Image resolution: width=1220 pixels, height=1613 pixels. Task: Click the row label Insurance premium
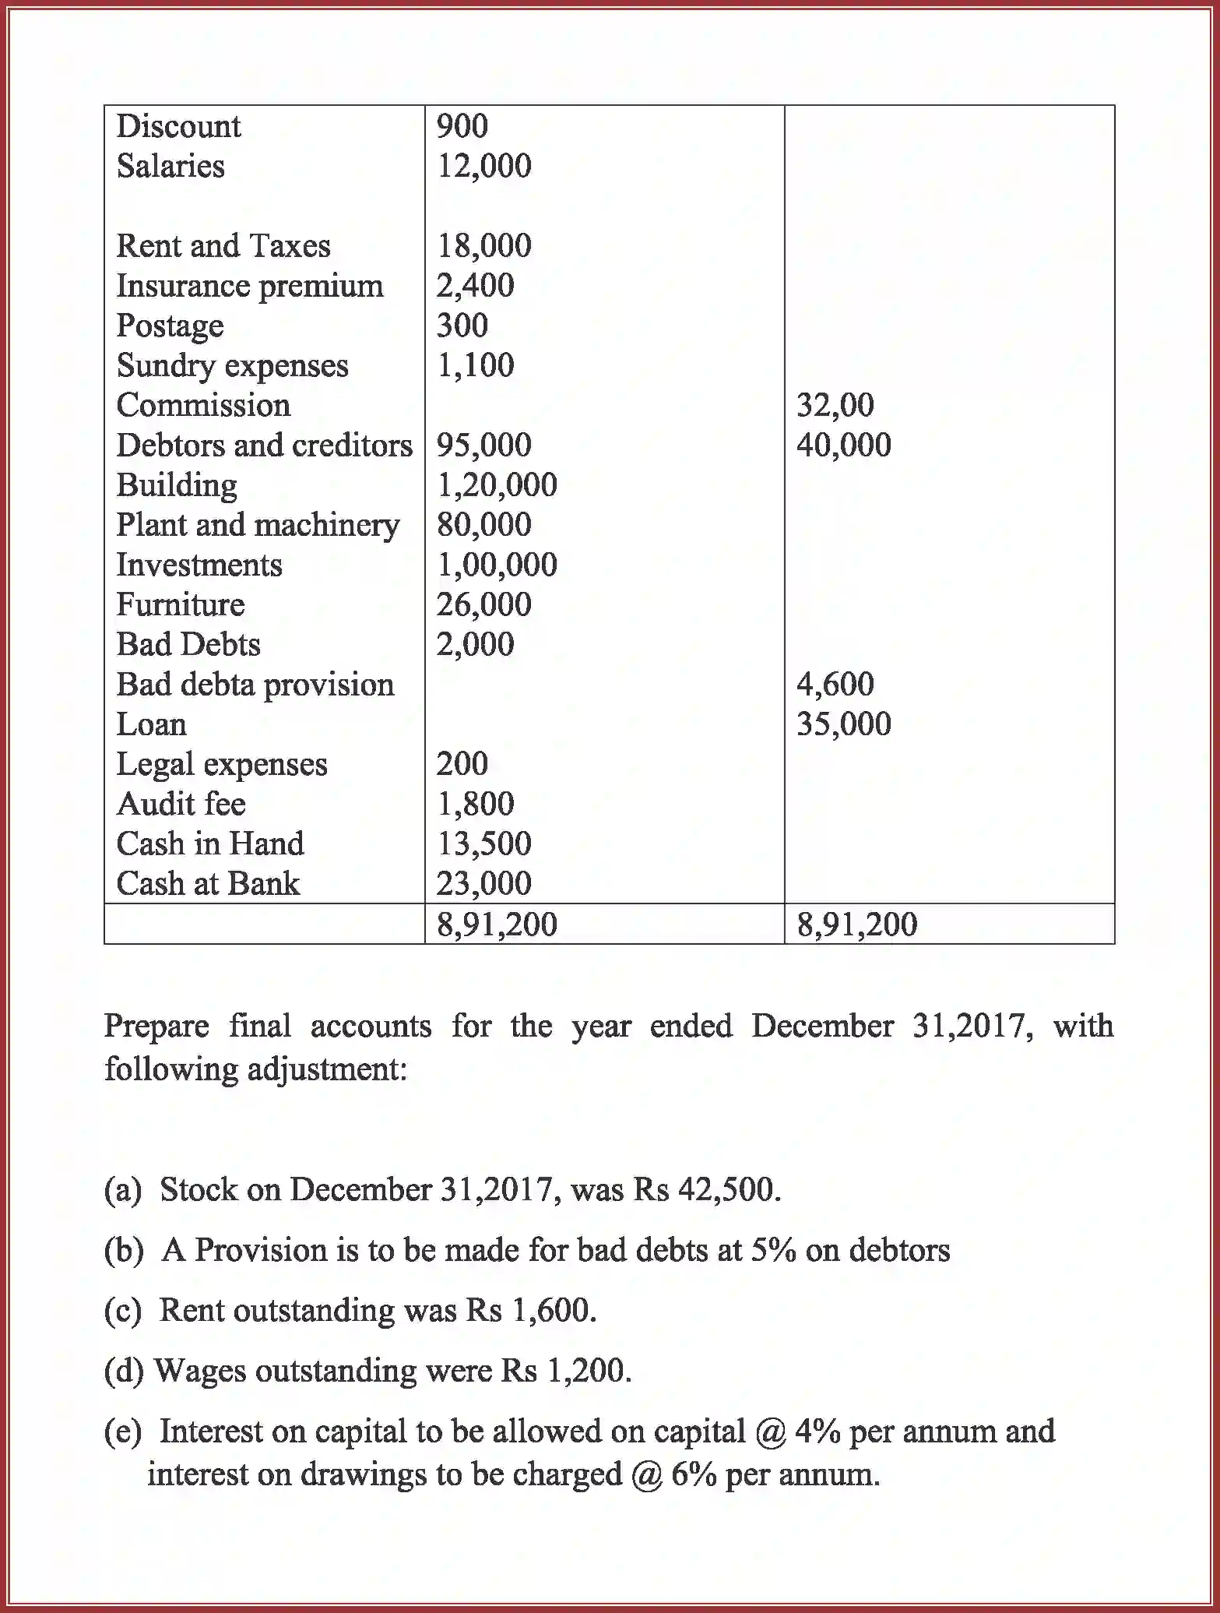[249, 286]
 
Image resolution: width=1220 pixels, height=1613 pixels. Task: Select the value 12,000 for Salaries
[483, 166]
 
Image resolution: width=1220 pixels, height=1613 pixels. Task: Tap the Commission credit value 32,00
[835, 405]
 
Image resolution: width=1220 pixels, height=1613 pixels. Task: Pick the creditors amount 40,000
[843, 445]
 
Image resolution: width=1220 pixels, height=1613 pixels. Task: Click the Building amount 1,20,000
[497, 485]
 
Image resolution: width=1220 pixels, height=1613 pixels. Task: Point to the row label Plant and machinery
[258, 525]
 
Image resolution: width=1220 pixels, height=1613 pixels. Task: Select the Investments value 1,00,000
[497, 565]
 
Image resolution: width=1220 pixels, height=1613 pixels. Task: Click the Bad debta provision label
[255, 685]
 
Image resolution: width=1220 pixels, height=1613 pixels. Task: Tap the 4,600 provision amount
[835, 684]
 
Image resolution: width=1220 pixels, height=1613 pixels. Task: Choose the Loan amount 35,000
[843, 724]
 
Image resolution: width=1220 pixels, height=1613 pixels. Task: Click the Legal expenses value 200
[462, 764]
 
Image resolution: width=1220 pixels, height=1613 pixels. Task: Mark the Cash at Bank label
[208, 884]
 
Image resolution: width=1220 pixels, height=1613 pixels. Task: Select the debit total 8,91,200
[497, 924]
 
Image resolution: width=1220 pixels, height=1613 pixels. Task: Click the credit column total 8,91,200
[856, 924]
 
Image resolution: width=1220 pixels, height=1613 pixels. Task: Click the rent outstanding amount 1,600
[552, 1310]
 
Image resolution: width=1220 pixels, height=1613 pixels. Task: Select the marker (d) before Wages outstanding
[124, 1371]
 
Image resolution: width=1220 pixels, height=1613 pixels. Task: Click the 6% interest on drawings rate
[693, 1474]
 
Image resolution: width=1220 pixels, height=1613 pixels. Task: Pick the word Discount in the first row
[178, 126]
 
